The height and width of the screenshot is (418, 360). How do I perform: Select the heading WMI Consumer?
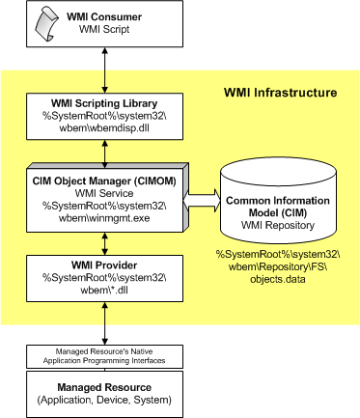104,16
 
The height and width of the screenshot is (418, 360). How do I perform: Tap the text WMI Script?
104,29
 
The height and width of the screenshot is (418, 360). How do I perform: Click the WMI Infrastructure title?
280,93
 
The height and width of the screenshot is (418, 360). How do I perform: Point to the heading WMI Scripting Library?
104,103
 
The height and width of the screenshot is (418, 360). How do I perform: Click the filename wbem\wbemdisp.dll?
104,127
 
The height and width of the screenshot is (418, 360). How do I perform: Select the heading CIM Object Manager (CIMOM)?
104,181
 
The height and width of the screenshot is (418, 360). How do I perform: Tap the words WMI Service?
104,193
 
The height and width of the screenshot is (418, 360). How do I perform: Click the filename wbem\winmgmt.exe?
104,218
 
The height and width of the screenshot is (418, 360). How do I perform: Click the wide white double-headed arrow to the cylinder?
202,201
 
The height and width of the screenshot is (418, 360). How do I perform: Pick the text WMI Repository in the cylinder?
278,225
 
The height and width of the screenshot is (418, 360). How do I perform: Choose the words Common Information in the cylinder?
278,201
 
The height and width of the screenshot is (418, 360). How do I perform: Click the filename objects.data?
278,279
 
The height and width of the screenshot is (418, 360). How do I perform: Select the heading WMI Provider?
104,265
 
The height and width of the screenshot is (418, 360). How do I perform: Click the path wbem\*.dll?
104,290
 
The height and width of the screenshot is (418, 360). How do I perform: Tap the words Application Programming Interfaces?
104,361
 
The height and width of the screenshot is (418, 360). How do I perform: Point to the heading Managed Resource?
104,387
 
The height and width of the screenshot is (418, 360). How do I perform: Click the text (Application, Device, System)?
104,400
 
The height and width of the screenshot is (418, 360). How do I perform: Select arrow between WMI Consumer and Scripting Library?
104,70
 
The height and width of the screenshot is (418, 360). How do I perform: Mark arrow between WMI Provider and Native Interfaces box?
104,323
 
